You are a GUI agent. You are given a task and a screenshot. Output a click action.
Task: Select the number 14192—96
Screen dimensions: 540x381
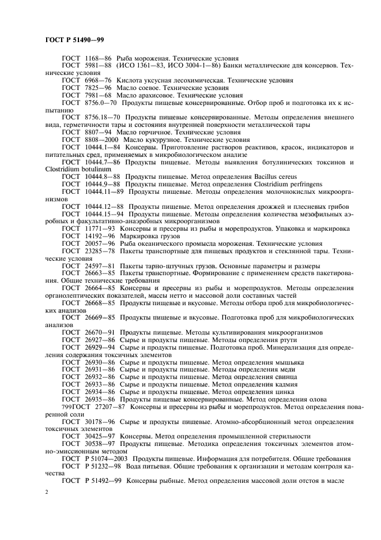click(99, 236)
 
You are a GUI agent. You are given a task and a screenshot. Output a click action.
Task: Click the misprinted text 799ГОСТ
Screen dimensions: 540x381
click(59, 406)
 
